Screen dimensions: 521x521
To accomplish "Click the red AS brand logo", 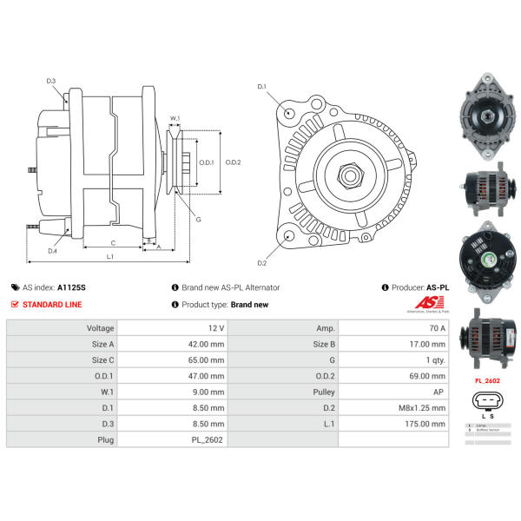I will coord(428,303).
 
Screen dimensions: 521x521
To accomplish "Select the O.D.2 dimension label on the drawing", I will coord(233,162).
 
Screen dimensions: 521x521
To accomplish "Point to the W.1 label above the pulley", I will coord(175,118).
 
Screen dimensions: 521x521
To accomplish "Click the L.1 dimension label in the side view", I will coord(110,258).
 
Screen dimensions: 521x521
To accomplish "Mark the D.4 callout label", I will coord(52,251).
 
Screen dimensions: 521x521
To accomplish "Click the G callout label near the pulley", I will coord(198,220).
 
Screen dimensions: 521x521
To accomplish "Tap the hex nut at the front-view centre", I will coord(351,175).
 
